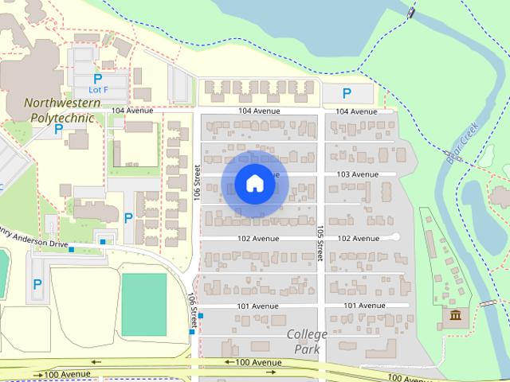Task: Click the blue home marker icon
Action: point(255,184)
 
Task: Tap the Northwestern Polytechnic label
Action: point(62,110)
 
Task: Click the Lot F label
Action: point(97,90)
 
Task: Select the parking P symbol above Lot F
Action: point(97,79)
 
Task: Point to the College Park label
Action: point(307,341)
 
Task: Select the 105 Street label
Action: point(319,241)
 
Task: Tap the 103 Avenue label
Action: point(357,174)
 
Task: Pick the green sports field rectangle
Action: point(143,304)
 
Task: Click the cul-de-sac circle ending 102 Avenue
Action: point(396,237)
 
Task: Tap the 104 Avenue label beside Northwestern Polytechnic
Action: point(133,111)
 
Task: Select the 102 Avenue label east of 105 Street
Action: point(359,238)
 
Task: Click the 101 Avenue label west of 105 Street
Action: point(258,306)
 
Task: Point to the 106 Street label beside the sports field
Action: point(193,310)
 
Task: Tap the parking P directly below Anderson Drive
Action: point(37,283)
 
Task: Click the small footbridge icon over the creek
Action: point(488,304)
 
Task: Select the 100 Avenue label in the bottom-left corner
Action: point(67,374)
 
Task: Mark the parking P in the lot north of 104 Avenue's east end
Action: point(347,93)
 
